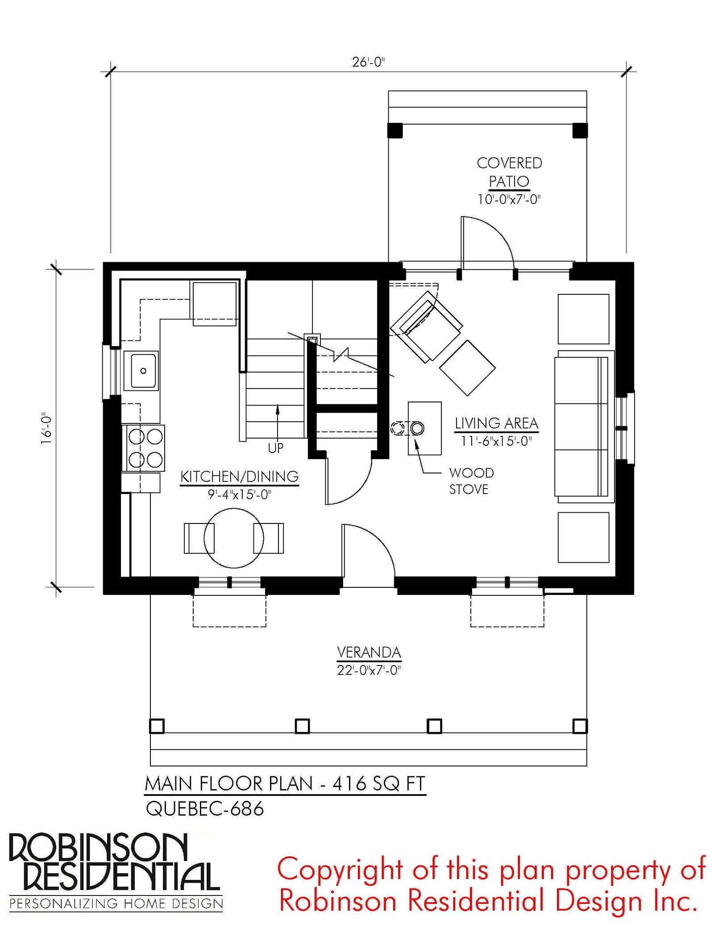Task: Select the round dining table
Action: click(x=234, y=538)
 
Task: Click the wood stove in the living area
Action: click(x=424, y=428)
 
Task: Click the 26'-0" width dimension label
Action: click(x=368, y=62)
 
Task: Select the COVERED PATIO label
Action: click(x=509, y=172)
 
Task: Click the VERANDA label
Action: click(x=369, y=653)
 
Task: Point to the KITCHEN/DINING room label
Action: click(x=239, y=477)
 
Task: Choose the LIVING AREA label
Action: click(x=497, y=423)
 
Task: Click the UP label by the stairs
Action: click(x=276, y=448)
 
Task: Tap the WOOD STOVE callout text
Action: click(x=471, y=481)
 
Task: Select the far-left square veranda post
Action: click(x=157, y=726)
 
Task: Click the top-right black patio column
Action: click(x=580, y=130)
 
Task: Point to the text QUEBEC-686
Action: click(x=204, y=809)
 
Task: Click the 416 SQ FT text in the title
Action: click(x=379, y=784)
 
